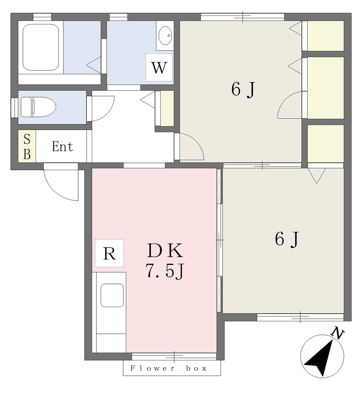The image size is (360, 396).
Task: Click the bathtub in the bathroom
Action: pyautogui.click(x=41, y=47)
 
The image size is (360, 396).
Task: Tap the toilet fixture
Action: pyautogui.click(x=38, y=107)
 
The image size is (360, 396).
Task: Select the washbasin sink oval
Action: pyautogui.click(x=165, y=35)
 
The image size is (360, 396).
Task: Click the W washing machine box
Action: pyautogui.click(x=159, y=67)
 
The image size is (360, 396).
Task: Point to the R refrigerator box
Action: pyautogui.click(x=110, y=253)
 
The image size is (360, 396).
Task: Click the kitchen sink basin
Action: pyautogui.click(x=112, y=295)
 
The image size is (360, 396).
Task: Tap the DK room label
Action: pyautogui.click(x=165, y=251)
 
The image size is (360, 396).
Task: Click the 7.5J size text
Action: pyautogui.click(x=165, y=271)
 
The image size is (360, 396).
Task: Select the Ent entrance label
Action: pyautogui.click(x=62, y=146)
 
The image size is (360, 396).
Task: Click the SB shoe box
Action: pyautogui.click(x=27, y=146)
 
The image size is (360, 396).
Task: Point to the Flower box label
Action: pyautogui.click(x=169, y=368)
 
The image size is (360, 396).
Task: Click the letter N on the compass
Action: pyautogui.click(x=338, y=333)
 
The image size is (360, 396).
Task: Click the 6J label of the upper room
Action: pyautogui.click(x=243, y=89)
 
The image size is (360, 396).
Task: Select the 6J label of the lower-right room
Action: pyautogui.click(x=287, y=239)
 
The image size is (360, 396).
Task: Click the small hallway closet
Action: pyautogui.click(x=167, y=108)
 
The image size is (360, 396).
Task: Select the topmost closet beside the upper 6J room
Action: pyautogui.click(x=326, y=36)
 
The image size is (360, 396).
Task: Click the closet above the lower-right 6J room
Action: pyautogui.click(x=326, y=143)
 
